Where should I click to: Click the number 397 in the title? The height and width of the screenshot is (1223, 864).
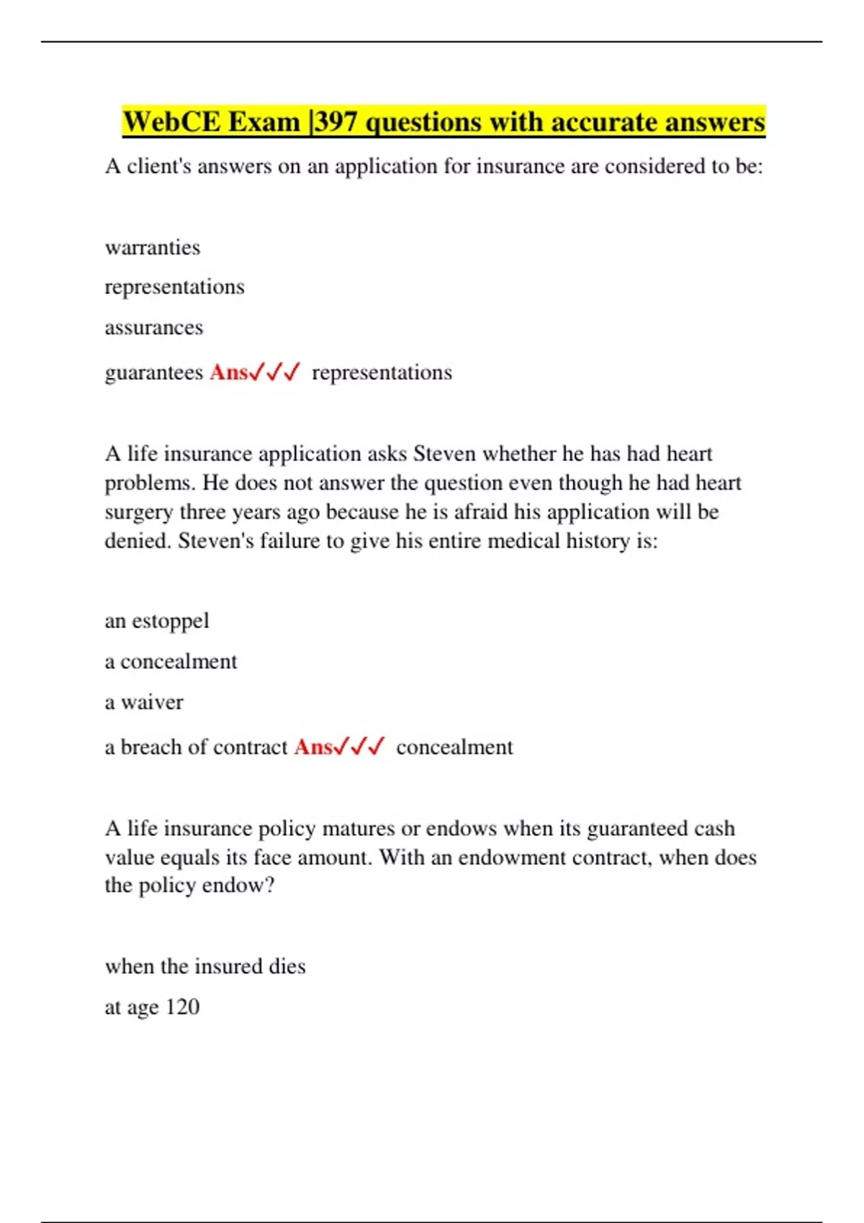coord(336,122)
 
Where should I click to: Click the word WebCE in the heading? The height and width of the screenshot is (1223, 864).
coord(171,122)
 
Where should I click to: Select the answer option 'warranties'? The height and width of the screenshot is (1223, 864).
coord(153,247)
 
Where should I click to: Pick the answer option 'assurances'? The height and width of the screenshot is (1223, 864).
coord(154,328)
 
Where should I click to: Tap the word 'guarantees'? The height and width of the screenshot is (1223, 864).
coord(154,373)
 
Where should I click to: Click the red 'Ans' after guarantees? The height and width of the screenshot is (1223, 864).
coord(229,373)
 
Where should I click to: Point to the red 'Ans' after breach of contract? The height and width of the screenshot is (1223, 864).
coord(313,747)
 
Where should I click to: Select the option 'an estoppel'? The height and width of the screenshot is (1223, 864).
coord(157,621)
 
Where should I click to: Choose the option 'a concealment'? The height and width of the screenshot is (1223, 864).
coord(171,662)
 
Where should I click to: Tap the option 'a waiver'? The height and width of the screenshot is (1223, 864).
coord(144,702)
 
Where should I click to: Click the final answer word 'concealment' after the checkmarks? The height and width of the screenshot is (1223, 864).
coord(454,747)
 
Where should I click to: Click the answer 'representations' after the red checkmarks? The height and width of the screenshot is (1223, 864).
coord(382,373)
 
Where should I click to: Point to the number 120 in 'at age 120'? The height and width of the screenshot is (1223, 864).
coord(182,1007)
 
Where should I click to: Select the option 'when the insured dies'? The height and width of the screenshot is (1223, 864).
coord(205,966)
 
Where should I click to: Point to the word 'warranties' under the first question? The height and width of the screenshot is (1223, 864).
coord(153,247)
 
